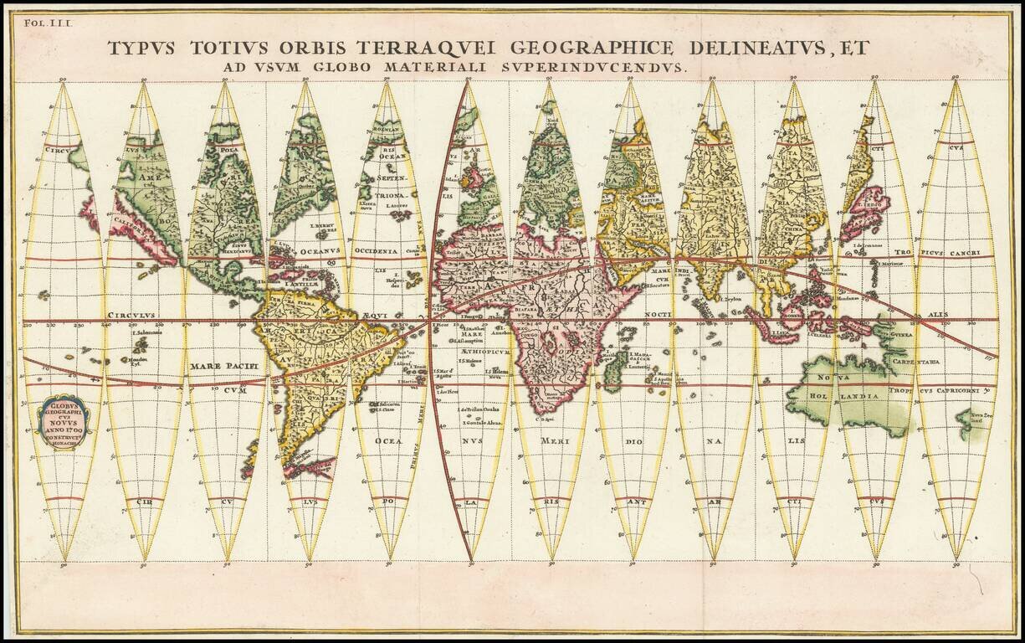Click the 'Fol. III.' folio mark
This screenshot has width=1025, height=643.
click(x=55, y=24)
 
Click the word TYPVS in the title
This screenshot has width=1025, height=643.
click(x=142, y=49)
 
